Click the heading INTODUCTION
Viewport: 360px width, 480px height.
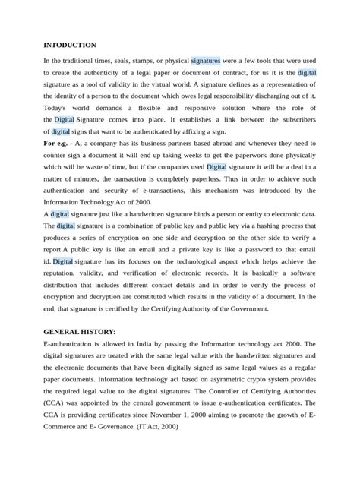click(x=70, y=45)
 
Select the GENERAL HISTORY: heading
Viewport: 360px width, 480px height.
click(x=80, y=333)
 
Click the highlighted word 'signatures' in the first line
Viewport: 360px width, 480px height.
click(x=206, y=59)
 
